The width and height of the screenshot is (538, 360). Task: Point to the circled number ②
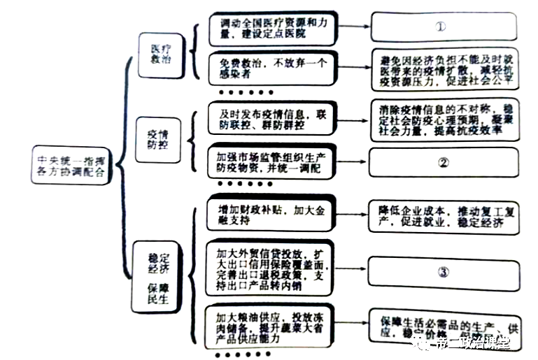(x=443, y=163)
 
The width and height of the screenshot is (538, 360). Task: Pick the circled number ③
(x=443, y=271)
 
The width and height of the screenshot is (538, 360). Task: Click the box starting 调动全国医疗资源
(x=271, y=28)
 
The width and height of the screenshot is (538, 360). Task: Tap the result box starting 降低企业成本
(x=445, y=216)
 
